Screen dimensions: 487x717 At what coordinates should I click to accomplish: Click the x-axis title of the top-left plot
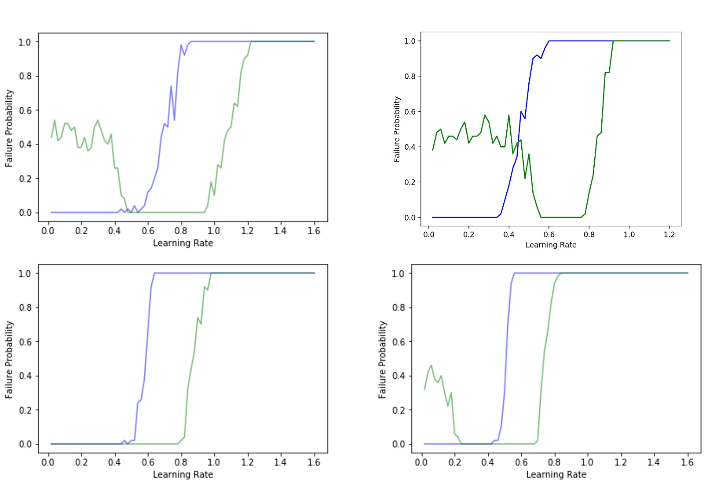tap(183, 243)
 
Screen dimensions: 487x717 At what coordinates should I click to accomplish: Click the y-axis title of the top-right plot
tap(397, 129)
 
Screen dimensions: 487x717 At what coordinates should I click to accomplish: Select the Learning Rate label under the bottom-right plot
tap(556, 474)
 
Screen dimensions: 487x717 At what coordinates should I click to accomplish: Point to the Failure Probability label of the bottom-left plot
tap(9, 360)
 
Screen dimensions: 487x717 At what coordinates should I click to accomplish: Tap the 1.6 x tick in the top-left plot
tap(314, 230)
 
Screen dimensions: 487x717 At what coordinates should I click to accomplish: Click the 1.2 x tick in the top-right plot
tap(669, 234)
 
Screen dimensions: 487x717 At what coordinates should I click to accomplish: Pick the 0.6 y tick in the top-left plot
tap(26, 110)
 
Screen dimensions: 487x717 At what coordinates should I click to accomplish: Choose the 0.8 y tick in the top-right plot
tap(410, 76)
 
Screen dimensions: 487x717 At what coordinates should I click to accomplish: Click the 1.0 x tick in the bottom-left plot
tap(214, 462)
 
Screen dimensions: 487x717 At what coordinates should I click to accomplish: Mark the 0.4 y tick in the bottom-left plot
tap(26, 376)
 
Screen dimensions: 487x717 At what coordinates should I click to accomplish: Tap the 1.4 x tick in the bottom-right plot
tap(653, 462)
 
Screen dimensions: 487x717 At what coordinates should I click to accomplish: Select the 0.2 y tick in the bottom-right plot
tap(399, 410)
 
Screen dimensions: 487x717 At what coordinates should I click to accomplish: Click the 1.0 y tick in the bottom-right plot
tap(399, 273)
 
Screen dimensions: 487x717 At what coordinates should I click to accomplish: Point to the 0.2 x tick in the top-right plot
tap(468, 234)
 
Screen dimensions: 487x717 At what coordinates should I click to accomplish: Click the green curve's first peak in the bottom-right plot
tap(431, 365)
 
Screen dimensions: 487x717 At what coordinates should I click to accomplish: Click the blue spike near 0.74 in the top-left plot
tap(171, 86)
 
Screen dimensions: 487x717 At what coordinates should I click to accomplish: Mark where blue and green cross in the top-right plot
tap(518, 142)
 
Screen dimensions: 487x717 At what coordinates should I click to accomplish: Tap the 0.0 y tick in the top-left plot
tap(26, 213)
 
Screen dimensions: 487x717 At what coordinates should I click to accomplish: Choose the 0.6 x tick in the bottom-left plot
tap(148, 462)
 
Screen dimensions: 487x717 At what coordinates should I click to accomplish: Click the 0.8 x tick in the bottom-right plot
tap(554, 462)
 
